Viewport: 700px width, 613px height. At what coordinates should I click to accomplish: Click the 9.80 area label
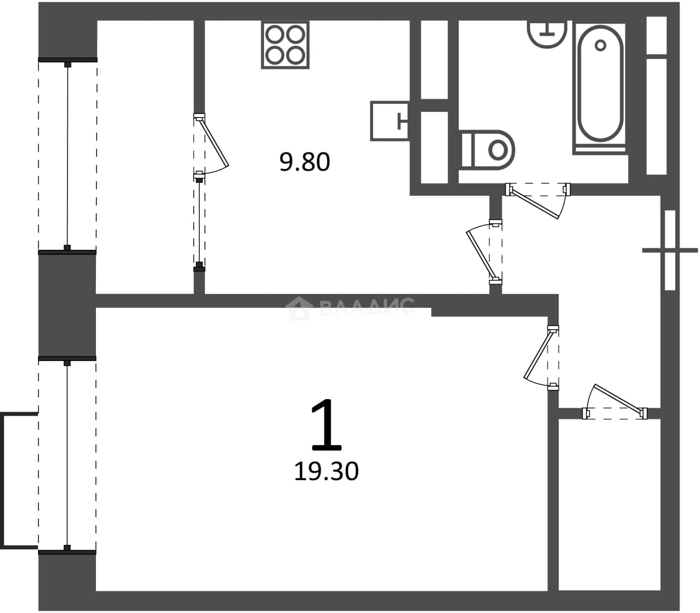(304, 162)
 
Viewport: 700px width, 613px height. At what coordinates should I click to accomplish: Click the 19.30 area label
(326, 471)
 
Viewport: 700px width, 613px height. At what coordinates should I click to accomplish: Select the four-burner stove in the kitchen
(285, 44)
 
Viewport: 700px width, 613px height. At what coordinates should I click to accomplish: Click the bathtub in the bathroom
(600, 87)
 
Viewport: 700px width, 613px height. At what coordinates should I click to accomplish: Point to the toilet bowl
(488, 150)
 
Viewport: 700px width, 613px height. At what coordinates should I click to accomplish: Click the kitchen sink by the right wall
(391, 121)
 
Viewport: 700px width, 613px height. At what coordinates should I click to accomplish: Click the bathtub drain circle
(601, 45)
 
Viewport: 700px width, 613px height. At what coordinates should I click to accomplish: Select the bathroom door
(538, 200)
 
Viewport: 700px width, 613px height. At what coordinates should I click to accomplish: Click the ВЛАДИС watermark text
(367, 306)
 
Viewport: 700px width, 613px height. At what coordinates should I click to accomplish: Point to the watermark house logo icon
(297, 308)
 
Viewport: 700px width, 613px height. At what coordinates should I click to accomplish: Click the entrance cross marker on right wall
(670, 250)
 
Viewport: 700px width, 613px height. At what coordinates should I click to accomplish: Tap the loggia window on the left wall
(68, 156)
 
